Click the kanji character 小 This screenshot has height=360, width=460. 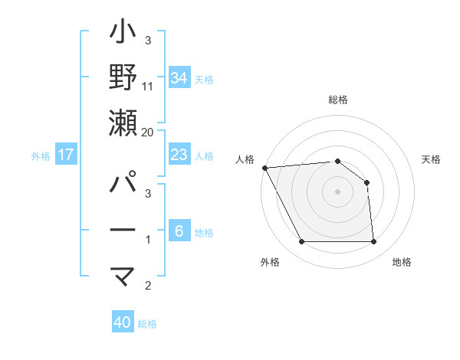coord(123,34)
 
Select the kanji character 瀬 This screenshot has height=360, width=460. coord(123,122)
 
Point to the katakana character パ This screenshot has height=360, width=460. coord(123,184)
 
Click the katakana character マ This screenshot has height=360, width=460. coord(123,276)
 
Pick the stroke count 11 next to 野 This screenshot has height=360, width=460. coord(148,86)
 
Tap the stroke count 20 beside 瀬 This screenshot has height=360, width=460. coord(148,132)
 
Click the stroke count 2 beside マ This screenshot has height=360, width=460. coord(148,286)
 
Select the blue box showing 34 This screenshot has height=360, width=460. coord(179,77)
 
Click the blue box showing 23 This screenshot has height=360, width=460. coord(179,155)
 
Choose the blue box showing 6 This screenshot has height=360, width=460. coord(179,231)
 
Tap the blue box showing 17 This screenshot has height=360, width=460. coord(66,155)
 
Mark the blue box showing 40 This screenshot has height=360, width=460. coord(123,322)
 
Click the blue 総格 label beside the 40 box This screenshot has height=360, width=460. coord(147,323)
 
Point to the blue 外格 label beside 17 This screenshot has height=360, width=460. coord(41,155)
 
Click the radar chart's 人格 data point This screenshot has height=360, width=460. coord(264,167)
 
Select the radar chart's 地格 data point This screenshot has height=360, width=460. coord(373,242)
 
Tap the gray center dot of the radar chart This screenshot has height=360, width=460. coord(337,191)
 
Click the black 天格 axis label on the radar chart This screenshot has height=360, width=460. coord(432,159)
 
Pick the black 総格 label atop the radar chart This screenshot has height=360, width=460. coord(337,100)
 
